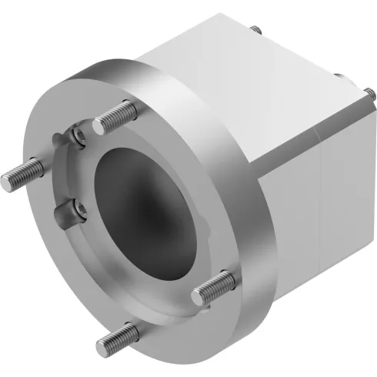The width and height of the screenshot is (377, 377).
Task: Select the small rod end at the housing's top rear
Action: click(255, 28)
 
